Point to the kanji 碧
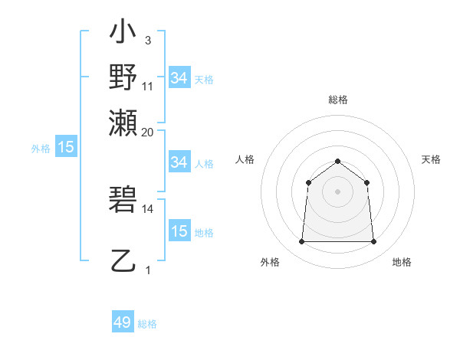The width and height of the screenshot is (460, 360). (x=123, y=201)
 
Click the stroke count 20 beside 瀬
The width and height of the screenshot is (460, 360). (x=148, y=132)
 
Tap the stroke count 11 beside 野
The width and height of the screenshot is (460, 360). (x=148, y=86)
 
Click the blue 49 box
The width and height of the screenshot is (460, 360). (x=123, y=322)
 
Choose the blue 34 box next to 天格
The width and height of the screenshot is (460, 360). (x=179, y=78)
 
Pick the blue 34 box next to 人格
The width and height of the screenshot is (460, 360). (x=179, y=162)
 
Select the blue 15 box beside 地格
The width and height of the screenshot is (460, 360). (x=179, y=231)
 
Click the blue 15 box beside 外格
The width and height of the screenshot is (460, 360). (x=66, y=148)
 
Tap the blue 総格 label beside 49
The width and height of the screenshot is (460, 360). (x=147, y=324)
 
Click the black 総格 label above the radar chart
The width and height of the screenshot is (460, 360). (x=337, y=100)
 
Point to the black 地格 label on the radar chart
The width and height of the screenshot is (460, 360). (x=402, y=263)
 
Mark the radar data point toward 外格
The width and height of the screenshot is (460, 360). (x=301, y=241)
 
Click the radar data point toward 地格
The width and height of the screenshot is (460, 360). (x=373, y=241)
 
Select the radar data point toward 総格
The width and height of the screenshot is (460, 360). (x=337, y=161)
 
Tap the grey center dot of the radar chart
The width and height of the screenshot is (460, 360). (x=337, y=191)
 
